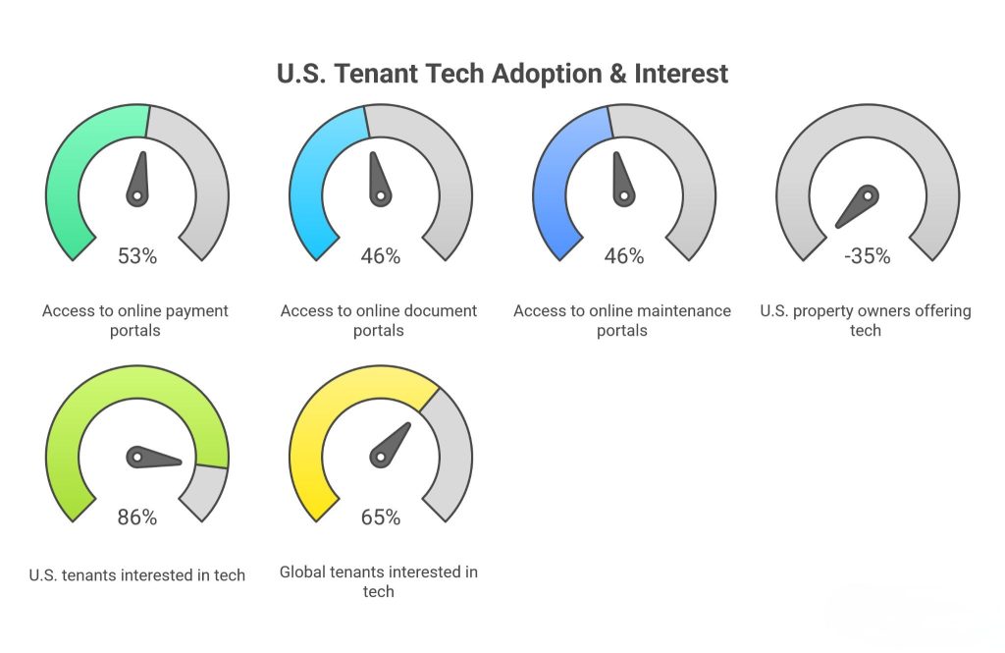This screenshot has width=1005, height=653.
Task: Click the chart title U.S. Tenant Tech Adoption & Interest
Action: pos(502,74)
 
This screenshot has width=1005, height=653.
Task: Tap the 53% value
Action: pos(136,256)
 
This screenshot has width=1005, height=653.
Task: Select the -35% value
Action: pos(867,256)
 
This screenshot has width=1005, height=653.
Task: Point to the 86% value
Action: pos(136,517)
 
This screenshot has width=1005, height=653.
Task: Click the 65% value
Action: pos(380,517)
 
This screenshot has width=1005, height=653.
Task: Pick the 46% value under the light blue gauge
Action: pos(380,256)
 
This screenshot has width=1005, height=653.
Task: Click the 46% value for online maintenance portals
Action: pos(623,256)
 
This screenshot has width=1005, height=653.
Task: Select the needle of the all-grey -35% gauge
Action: pos(857,205)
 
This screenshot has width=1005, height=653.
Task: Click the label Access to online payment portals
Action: pos(135,320)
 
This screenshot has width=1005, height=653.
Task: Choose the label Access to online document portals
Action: pos(379,320)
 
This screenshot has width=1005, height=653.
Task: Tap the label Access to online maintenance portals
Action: pos(622,320)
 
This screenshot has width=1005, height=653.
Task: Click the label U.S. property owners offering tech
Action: pos(866,320)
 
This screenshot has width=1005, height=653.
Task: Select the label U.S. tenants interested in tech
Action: pos(137,574)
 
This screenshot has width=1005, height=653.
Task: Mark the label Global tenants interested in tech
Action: pos(379,581)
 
